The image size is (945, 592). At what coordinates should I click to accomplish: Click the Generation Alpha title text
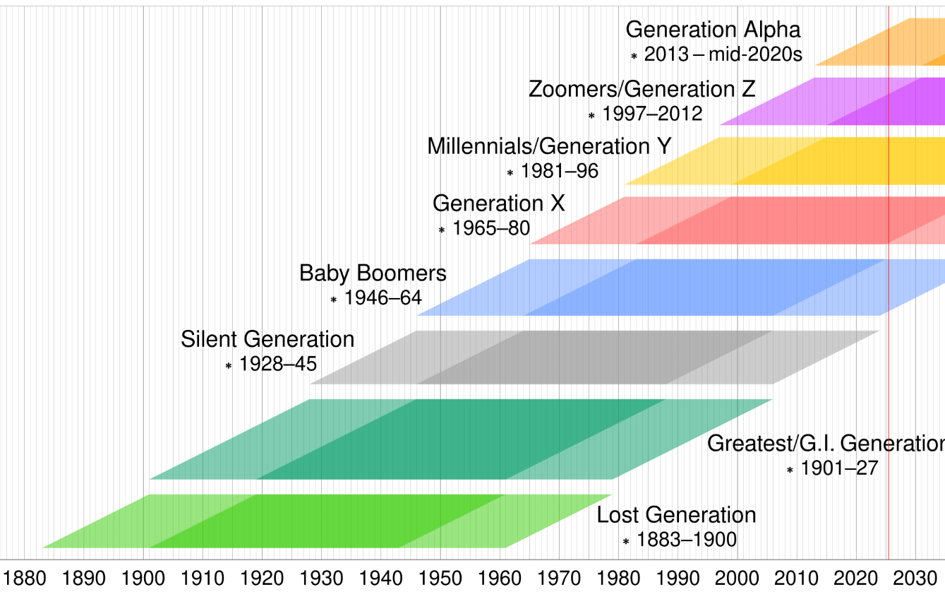click(x=713, y=30)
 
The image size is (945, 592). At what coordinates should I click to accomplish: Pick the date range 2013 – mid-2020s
click(x=723, y=54)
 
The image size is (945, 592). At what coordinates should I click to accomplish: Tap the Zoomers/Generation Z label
click(x=642, y=90)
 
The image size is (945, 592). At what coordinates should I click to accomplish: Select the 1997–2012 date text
click(x=651, y=114)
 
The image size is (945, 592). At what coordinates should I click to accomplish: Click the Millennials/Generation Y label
click(x=549, y=146)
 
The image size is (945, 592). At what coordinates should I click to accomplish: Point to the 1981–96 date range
click(x=559, y=171)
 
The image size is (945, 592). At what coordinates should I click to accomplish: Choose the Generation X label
click(x=498, y=203)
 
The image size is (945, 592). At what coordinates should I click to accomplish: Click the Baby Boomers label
click(x=373, y=273)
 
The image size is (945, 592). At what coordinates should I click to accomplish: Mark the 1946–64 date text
click(x=383, y=298)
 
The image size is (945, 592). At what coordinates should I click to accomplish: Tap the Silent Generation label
click(x=267, y=339)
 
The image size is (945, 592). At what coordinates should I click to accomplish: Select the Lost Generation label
click(x=676, y=515)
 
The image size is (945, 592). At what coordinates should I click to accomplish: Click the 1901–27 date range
click(x=839, y=468)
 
